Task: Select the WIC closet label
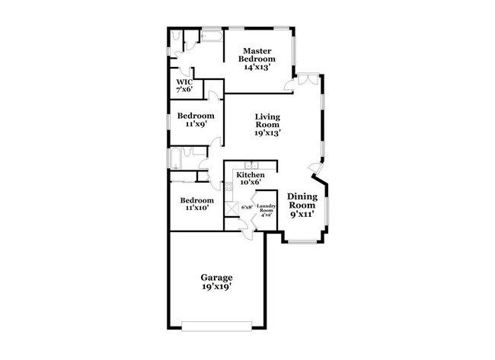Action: (184, 81)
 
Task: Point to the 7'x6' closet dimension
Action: (185, 90)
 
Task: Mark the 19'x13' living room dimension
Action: (268, 132)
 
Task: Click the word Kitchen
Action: (250, 174)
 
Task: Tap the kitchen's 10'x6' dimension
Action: (250, 183)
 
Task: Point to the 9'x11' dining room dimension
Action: (302, 215)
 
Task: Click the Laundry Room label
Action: (266, 209)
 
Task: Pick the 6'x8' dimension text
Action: (247, 207)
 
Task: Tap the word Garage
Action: (216, 277)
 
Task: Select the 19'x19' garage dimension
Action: (216, 288)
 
